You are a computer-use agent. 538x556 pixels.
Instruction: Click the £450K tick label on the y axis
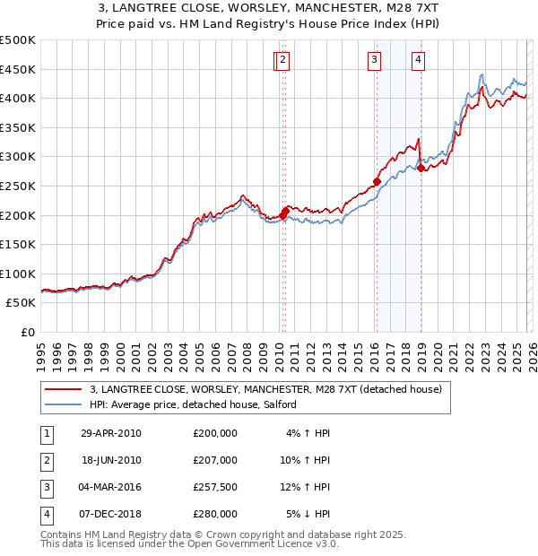pos(18,69)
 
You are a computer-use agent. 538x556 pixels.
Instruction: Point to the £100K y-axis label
pos(18,274)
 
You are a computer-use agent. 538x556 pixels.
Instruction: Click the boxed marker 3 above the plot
pos(373,60)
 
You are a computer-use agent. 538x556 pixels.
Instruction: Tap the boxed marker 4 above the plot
pos(418,60)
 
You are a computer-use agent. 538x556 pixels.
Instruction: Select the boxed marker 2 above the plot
pos(282,60)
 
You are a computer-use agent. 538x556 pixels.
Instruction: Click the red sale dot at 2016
pos(377,181)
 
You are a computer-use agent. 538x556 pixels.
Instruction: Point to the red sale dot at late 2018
pos(421,168)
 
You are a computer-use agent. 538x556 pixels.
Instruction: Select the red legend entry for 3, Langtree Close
pos(265,390)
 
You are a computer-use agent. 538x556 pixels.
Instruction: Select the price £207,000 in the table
pos(215,460)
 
